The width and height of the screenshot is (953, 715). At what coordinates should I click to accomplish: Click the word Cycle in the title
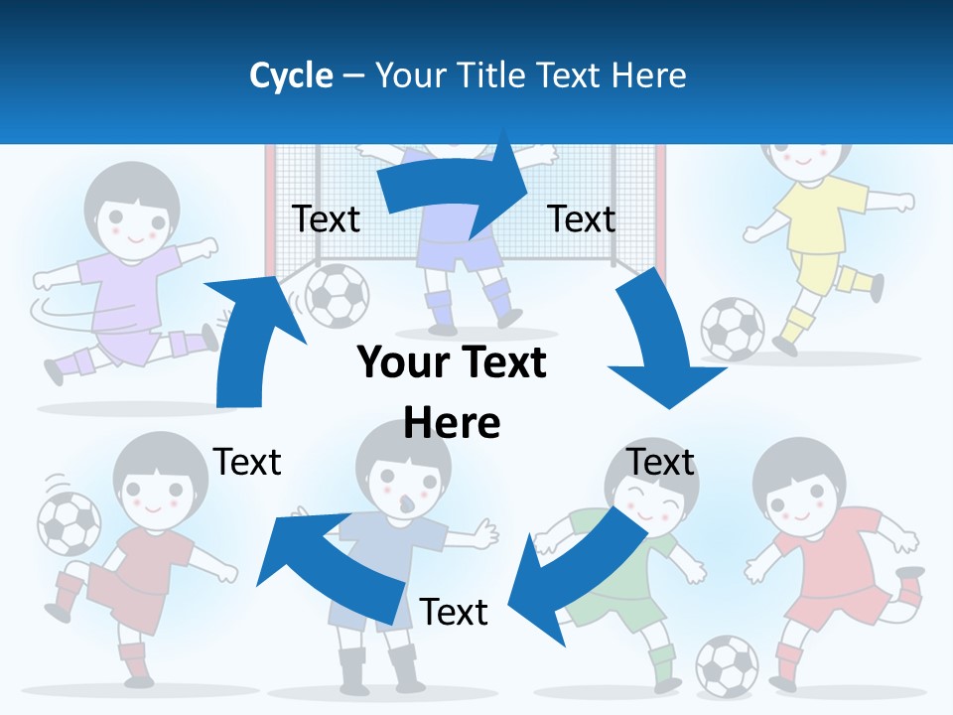291,75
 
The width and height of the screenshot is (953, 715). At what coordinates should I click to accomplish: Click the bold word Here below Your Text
452,423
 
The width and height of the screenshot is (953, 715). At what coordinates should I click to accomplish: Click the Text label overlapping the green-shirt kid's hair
660,462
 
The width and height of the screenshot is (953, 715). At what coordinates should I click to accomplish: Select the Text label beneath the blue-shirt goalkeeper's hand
454,612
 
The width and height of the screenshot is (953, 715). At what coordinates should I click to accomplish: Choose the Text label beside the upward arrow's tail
247,462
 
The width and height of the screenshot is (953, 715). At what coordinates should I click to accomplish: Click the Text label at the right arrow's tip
582,218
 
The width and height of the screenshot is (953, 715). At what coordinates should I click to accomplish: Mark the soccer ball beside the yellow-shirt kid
733,329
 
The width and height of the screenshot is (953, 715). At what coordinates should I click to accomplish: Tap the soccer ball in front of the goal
337,295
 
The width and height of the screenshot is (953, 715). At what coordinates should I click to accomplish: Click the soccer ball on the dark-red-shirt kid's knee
68,523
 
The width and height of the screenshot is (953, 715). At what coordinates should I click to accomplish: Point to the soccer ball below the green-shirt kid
727,665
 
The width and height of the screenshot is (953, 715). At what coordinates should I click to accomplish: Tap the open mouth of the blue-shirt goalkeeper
405,504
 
